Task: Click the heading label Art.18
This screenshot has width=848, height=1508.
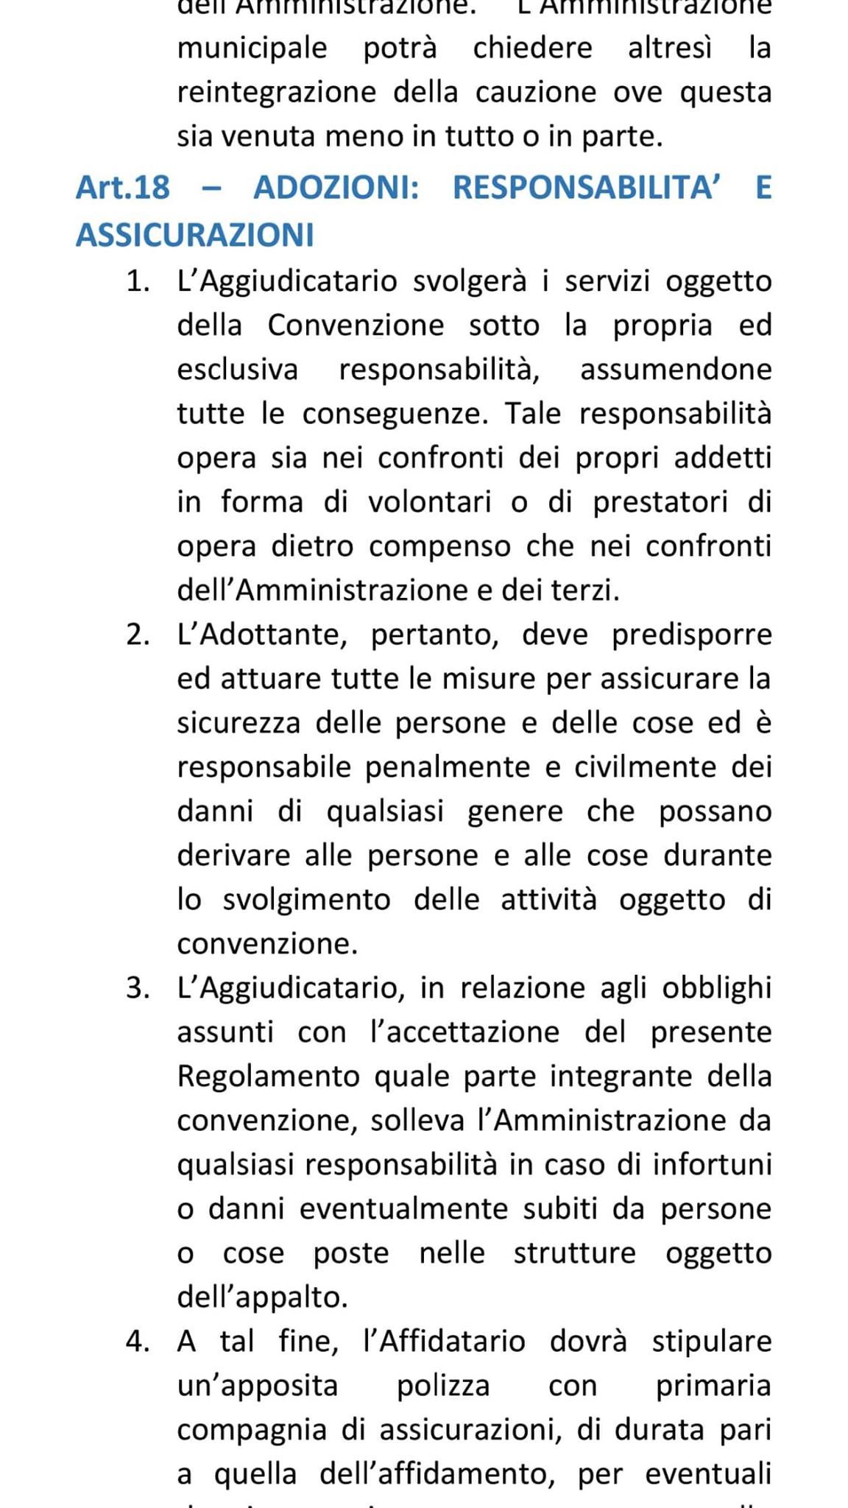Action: pyautogui.click(x=123, y=188)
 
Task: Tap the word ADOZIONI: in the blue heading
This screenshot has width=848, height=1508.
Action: pyautogui.click(x=336, y=188)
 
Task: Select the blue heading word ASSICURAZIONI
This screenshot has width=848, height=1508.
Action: pyautogui.click(x=195, y=235)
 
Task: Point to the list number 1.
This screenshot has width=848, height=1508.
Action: pyautogui.click(x=138, y=281)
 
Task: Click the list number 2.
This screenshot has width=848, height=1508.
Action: pyautogui.click(x=138, y=635)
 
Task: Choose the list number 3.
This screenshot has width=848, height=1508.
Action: pyautogui.click(x=138, y=988)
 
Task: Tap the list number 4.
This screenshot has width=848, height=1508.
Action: pyautogui.click(x=138, y=1342)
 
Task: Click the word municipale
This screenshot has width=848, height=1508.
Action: pyautogui.click(x=252, y=49)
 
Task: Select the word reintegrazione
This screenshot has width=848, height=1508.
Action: pyautogui.click(x=276, y=93)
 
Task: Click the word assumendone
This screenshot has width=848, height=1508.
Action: pyautogui.click(x=676, y=370)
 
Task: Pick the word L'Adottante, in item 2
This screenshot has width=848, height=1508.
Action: pyautogui.click(x=262, y=635)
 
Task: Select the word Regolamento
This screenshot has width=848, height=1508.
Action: pyautogui.click(x=268, y=1077)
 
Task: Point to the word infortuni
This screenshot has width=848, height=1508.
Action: pyautogui.click(x=712, y=1165)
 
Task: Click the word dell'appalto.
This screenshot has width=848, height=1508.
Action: pyautogui.click(x=262, y=1297)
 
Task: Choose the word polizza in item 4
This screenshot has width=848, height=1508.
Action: pyautogui.click(x=443, y=1386)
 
